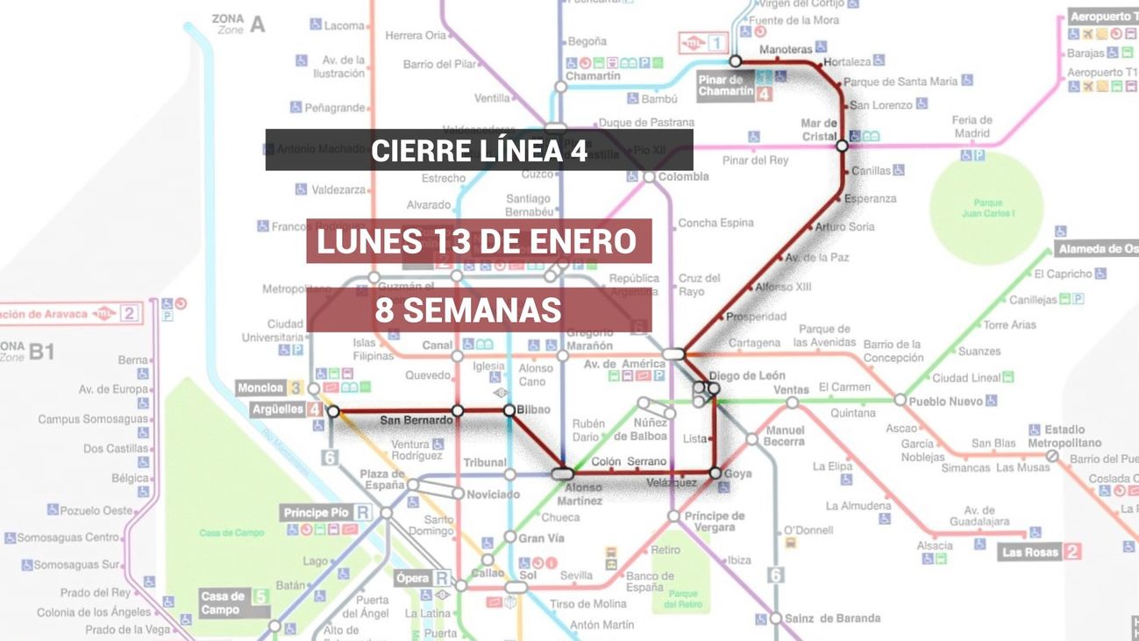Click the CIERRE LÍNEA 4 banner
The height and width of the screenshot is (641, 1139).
click(x=479, y=150)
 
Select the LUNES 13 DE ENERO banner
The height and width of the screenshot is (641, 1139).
click(x=479, y=241)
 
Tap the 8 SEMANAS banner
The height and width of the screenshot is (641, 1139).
click(x=479, y=310)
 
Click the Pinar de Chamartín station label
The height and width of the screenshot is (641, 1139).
click(x=726, y=86)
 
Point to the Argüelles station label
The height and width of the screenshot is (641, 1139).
click(x=277, y=410)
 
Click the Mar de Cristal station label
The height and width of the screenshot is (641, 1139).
click(x=819, y=130)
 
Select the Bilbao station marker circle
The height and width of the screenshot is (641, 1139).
click(x=509, y=410)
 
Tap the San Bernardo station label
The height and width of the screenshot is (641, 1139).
click(x=416, y=421)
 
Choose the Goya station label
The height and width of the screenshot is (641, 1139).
click(x=737, y=474)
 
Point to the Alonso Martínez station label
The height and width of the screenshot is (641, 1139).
click(x=583, y=494)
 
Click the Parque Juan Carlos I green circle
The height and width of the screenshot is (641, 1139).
click(x=986, y=208)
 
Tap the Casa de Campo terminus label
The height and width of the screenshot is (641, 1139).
click(x=223, y=603)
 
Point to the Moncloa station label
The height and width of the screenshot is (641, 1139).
click(x=261, y=388)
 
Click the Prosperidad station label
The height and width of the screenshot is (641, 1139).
click(x=757, y=317)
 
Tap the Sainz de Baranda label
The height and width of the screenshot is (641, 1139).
click(x=832, y=618)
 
